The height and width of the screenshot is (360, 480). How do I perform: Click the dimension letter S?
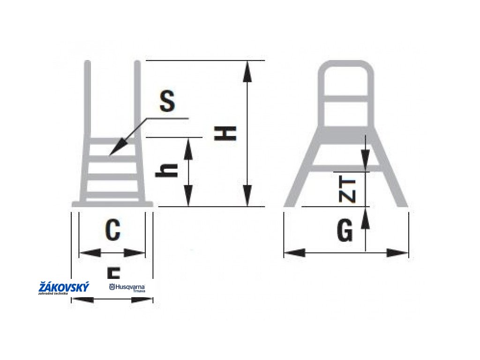tap(167, 102)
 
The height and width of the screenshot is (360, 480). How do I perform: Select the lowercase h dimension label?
tap(167, 170)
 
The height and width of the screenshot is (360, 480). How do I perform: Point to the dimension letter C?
tap(112, 230)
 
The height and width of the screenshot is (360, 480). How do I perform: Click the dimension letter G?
tap(345, 231)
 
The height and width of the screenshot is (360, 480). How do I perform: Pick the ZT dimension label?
tap(347, 190)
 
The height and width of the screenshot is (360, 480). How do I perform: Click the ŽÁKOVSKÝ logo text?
tap(64, 287)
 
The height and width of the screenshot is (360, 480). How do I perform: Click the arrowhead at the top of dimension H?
tap(247, 68)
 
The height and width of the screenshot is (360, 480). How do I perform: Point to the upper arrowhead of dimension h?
tap(188, 145)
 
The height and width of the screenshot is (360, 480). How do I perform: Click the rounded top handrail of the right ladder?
tap(346, 65)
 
